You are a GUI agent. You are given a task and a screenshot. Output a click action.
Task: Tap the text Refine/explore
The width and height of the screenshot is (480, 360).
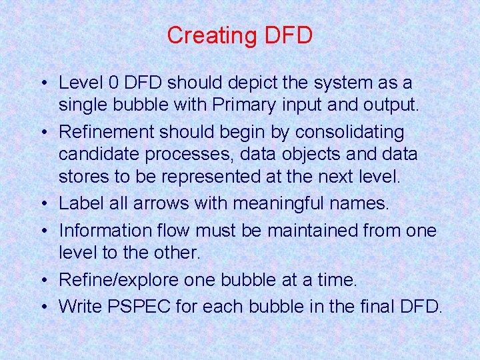pos(117,280)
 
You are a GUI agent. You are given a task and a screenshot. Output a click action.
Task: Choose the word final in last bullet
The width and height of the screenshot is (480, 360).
pos(371,306)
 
